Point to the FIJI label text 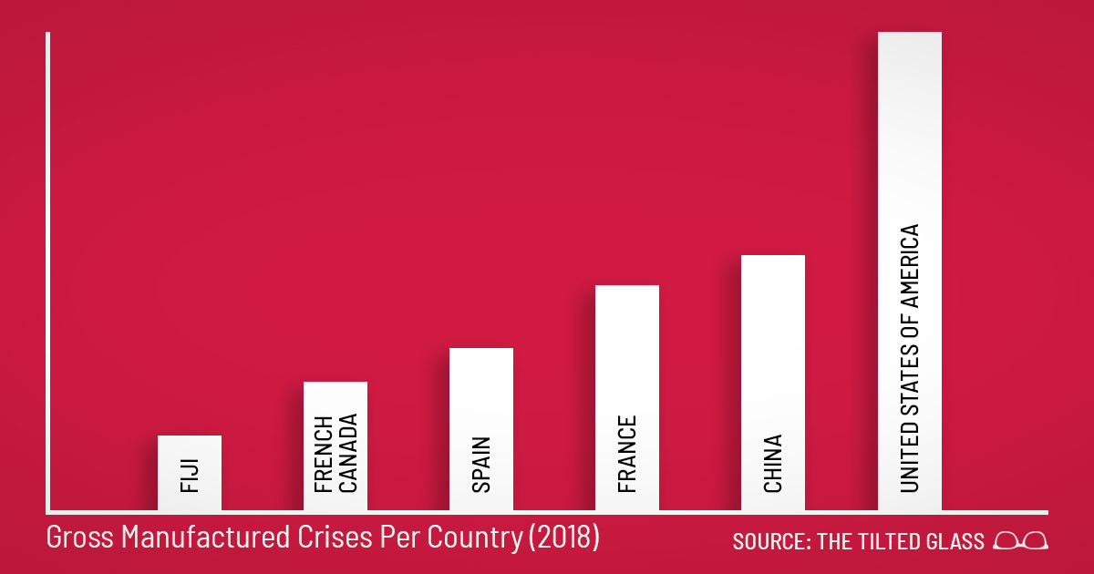[x=190, y=476]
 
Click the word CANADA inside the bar [x=346, y=453]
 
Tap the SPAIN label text [x=481, y=466]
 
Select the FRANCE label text [x=627, y=455]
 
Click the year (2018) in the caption [x=563, y=538]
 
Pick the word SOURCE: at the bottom [x=772, y=541]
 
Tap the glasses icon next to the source [x=1021, y=541]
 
